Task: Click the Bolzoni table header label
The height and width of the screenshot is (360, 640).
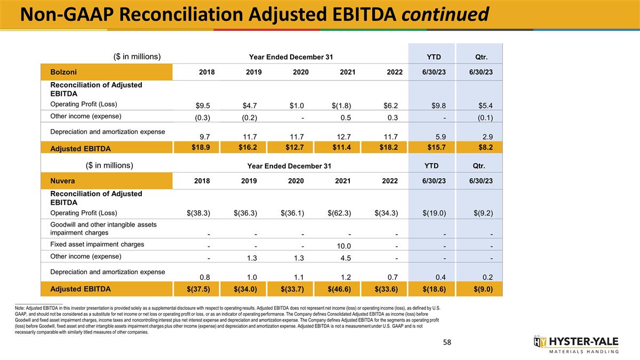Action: point(62,71)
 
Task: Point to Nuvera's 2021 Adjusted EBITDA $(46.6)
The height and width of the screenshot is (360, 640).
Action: point(339,289)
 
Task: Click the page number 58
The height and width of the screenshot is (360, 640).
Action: point(446,342)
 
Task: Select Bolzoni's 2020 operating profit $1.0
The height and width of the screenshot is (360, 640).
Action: point(295,105)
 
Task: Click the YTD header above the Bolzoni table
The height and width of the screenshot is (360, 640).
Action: point(433,57)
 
